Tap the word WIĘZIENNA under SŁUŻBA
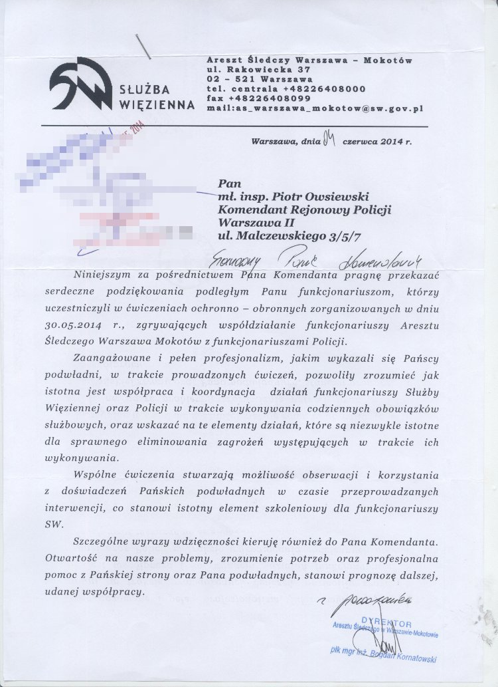(157, 105)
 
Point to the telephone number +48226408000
(323, 88)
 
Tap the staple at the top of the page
(143, 45)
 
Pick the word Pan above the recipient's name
(228, 184)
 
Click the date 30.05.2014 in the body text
(71, 325)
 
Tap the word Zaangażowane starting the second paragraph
(106, 358)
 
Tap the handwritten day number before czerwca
(330, 140)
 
